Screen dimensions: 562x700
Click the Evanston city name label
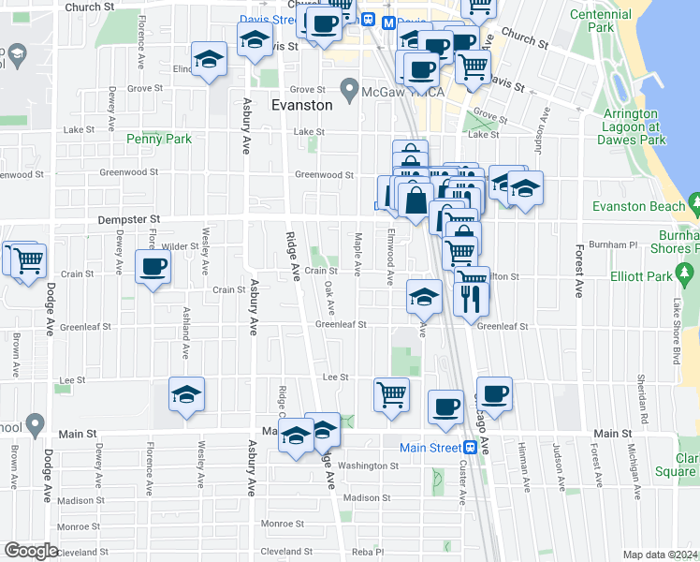pos(301,106)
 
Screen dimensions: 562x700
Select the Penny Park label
pos(159,140)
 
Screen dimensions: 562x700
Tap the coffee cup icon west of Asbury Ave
pos(153,267)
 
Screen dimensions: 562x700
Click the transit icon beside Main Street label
pos(471,448)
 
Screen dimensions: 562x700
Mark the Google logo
pos(31,551)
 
